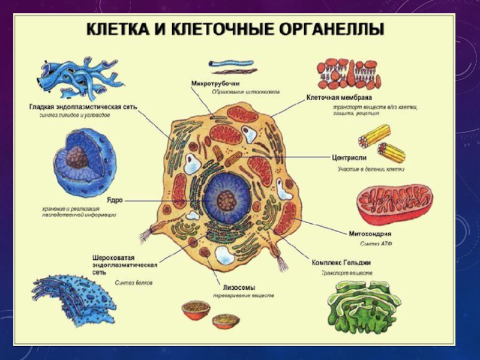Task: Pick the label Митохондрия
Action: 370,233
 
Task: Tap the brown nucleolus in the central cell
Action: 226,199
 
